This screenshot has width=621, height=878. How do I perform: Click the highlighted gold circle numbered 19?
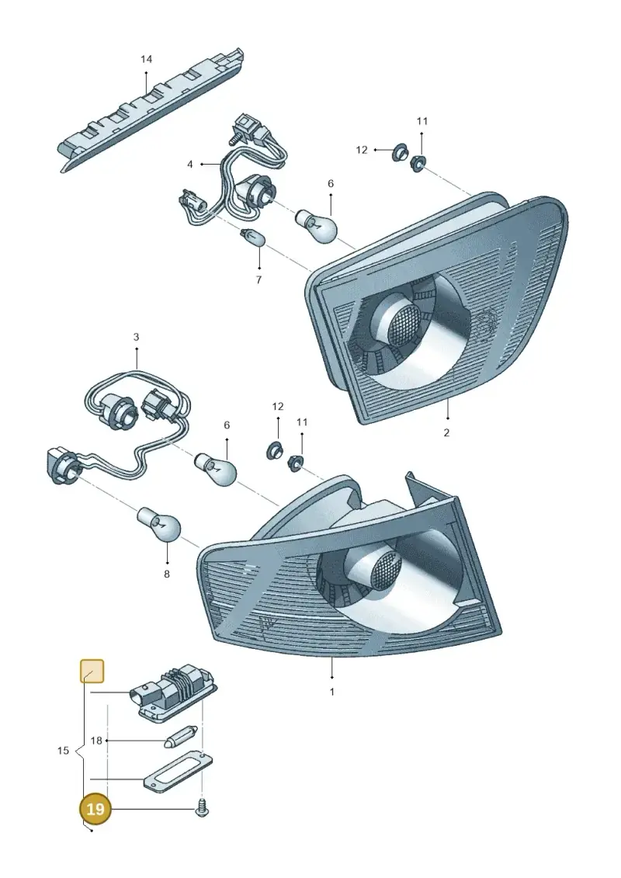tap(95, 809)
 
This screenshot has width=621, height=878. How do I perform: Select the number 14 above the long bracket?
tap(146, 59)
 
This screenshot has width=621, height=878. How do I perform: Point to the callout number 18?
tap(96, 741)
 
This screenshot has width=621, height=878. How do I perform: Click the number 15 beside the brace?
tap(64, 751)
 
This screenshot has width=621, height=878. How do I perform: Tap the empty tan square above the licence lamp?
tap(92, 672)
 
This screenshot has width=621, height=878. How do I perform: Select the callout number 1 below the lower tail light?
tap(331, 692)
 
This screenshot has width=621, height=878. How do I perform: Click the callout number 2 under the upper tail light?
tap(446, 433)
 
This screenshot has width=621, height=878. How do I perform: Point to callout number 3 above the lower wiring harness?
tap(136, 337)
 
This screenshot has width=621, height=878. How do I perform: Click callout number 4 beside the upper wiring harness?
tap(190, 164)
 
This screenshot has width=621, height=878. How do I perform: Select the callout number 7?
tap(258, 280)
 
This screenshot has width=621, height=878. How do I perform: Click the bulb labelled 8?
tap(160, 524)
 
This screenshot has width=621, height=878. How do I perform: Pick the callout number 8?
tap(166, 574)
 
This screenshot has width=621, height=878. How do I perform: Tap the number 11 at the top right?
tap(422, 121)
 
